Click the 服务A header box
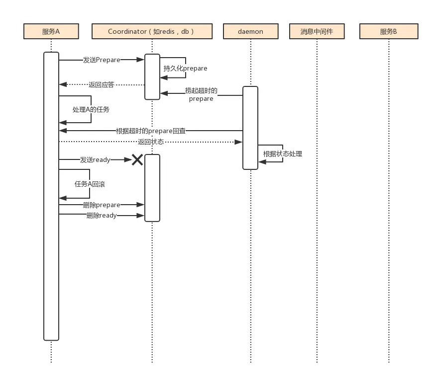(51, 31)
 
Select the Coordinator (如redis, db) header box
(152, 31)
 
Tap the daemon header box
(250, 31)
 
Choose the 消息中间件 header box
(317, 31)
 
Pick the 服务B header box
(389, 31)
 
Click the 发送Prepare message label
(102, 60)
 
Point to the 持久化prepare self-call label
(185, 69)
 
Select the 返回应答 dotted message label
(102, 84)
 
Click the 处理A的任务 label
(91, 109)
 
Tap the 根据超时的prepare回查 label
(150, 131)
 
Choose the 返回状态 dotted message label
(151, 142)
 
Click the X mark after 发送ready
(137, 159)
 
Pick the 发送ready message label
(95, 159)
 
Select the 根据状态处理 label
(283, 154)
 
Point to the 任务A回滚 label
(90, 184)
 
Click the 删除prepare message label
(102, 205)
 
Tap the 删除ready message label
(102, 215)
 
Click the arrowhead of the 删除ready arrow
(140, 216)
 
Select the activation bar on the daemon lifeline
(250, 128)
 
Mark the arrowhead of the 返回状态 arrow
(238, 142)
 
